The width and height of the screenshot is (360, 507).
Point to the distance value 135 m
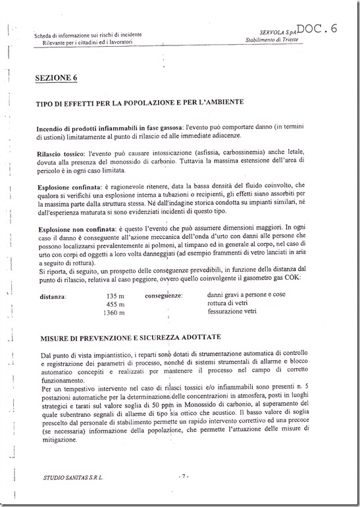(x=115, y=296)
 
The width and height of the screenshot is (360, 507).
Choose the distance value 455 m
(x=115, y=304)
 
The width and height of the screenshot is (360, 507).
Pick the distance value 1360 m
(x=113, y=313)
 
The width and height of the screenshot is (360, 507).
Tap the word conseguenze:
(x=164, y=296)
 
